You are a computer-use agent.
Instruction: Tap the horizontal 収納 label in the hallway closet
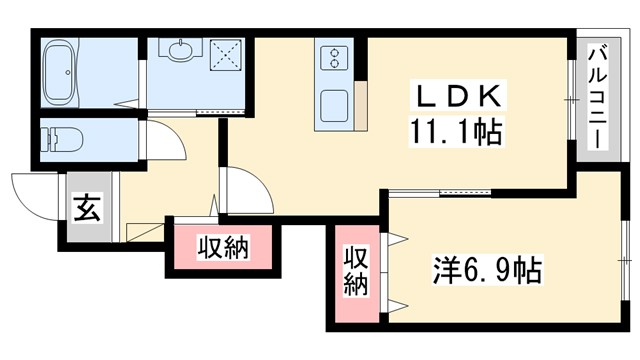(222, 245)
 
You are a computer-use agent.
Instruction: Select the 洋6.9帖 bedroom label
(487, 270)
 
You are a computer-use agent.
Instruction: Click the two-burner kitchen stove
(332, 58)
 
